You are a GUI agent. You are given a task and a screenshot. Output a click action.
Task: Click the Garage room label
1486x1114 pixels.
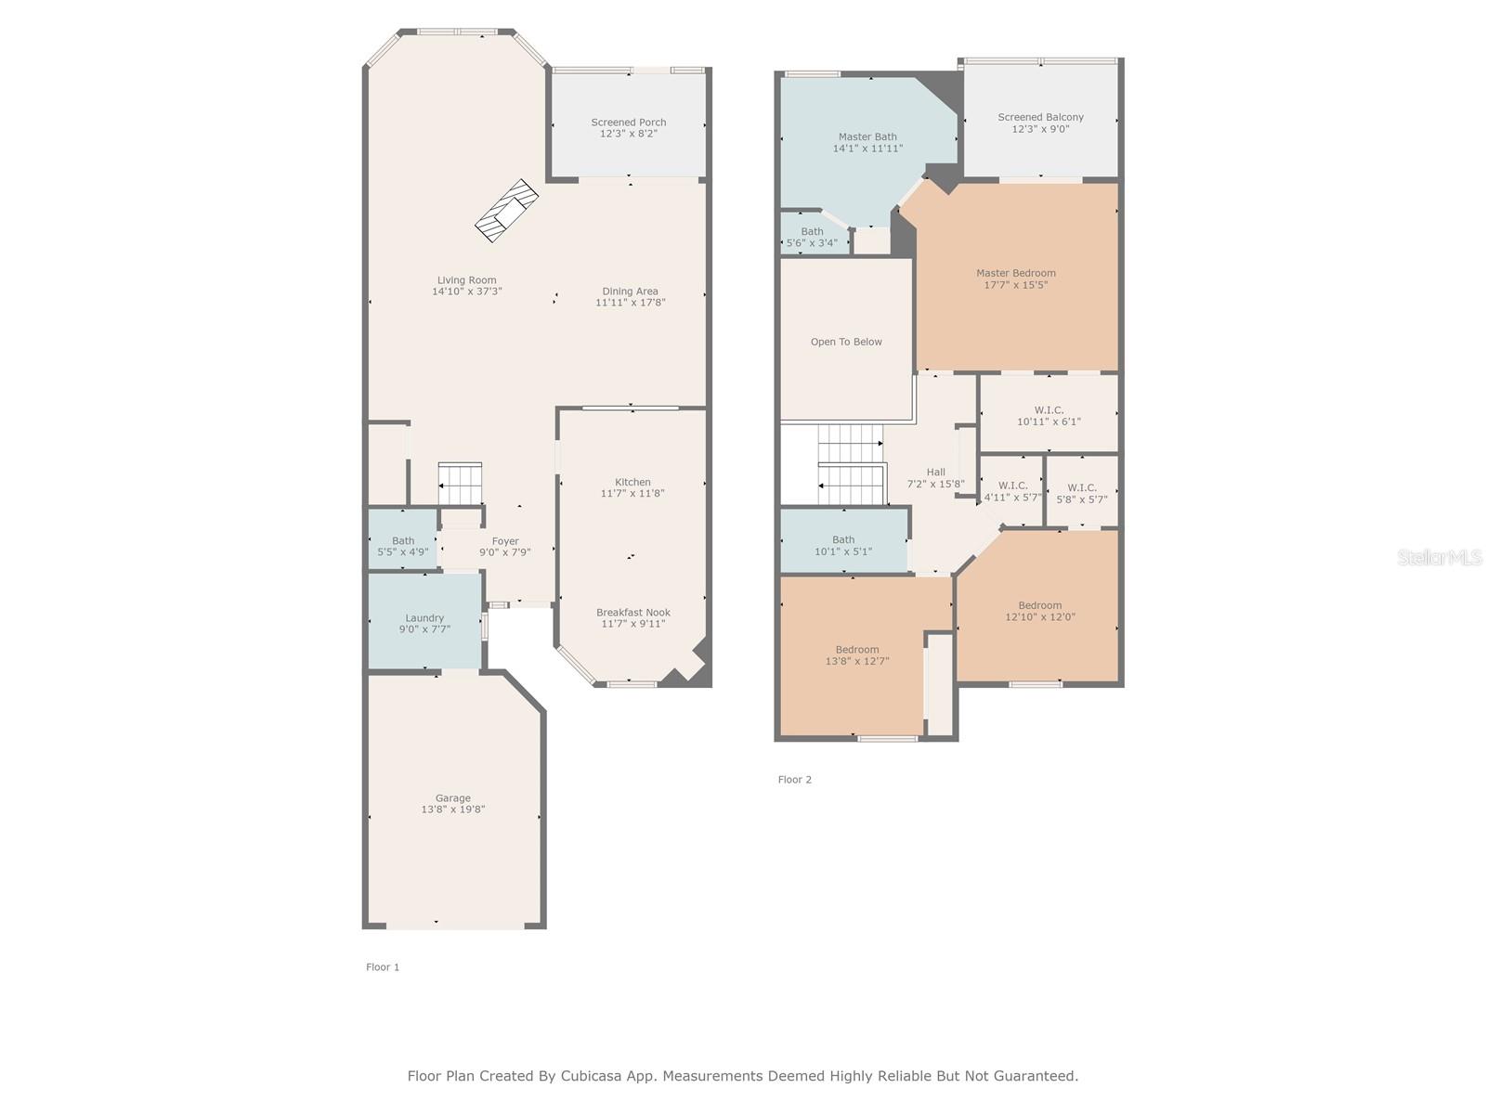point(453,798)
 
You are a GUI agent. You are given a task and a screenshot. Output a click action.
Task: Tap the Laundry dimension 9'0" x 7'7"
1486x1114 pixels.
point(424,629)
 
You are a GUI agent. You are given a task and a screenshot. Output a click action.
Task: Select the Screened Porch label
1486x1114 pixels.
point(628,123)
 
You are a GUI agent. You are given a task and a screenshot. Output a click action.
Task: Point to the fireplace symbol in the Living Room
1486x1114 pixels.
point(506,211)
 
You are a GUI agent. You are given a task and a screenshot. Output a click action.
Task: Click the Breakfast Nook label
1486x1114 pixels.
point(633,612)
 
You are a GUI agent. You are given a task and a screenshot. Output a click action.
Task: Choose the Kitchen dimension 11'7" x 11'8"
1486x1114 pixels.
point(632,493)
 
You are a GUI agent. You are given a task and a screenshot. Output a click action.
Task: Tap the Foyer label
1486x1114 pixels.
point(505,541)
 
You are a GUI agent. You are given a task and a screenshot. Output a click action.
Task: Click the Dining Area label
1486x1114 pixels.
point(630,291)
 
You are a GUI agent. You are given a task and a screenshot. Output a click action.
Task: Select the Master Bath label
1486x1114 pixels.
point(867,136)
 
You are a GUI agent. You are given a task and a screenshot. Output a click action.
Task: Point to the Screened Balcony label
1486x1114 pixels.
point(1040,117)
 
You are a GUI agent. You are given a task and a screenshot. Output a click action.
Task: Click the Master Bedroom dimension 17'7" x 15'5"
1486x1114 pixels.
point(1015,285)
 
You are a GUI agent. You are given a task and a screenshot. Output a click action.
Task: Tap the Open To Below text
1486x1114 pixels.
point(846,342)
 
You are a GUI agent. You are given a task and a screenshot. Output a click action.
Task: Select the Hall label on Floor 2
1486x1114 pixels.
point(935,473)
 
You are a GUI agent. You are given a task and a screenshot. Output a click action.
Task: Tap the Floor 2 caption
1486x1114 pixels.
point(794,779)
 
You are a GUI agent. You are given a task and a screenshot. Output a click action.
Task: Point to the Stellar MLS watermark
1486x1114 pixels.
point(1440,557)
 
